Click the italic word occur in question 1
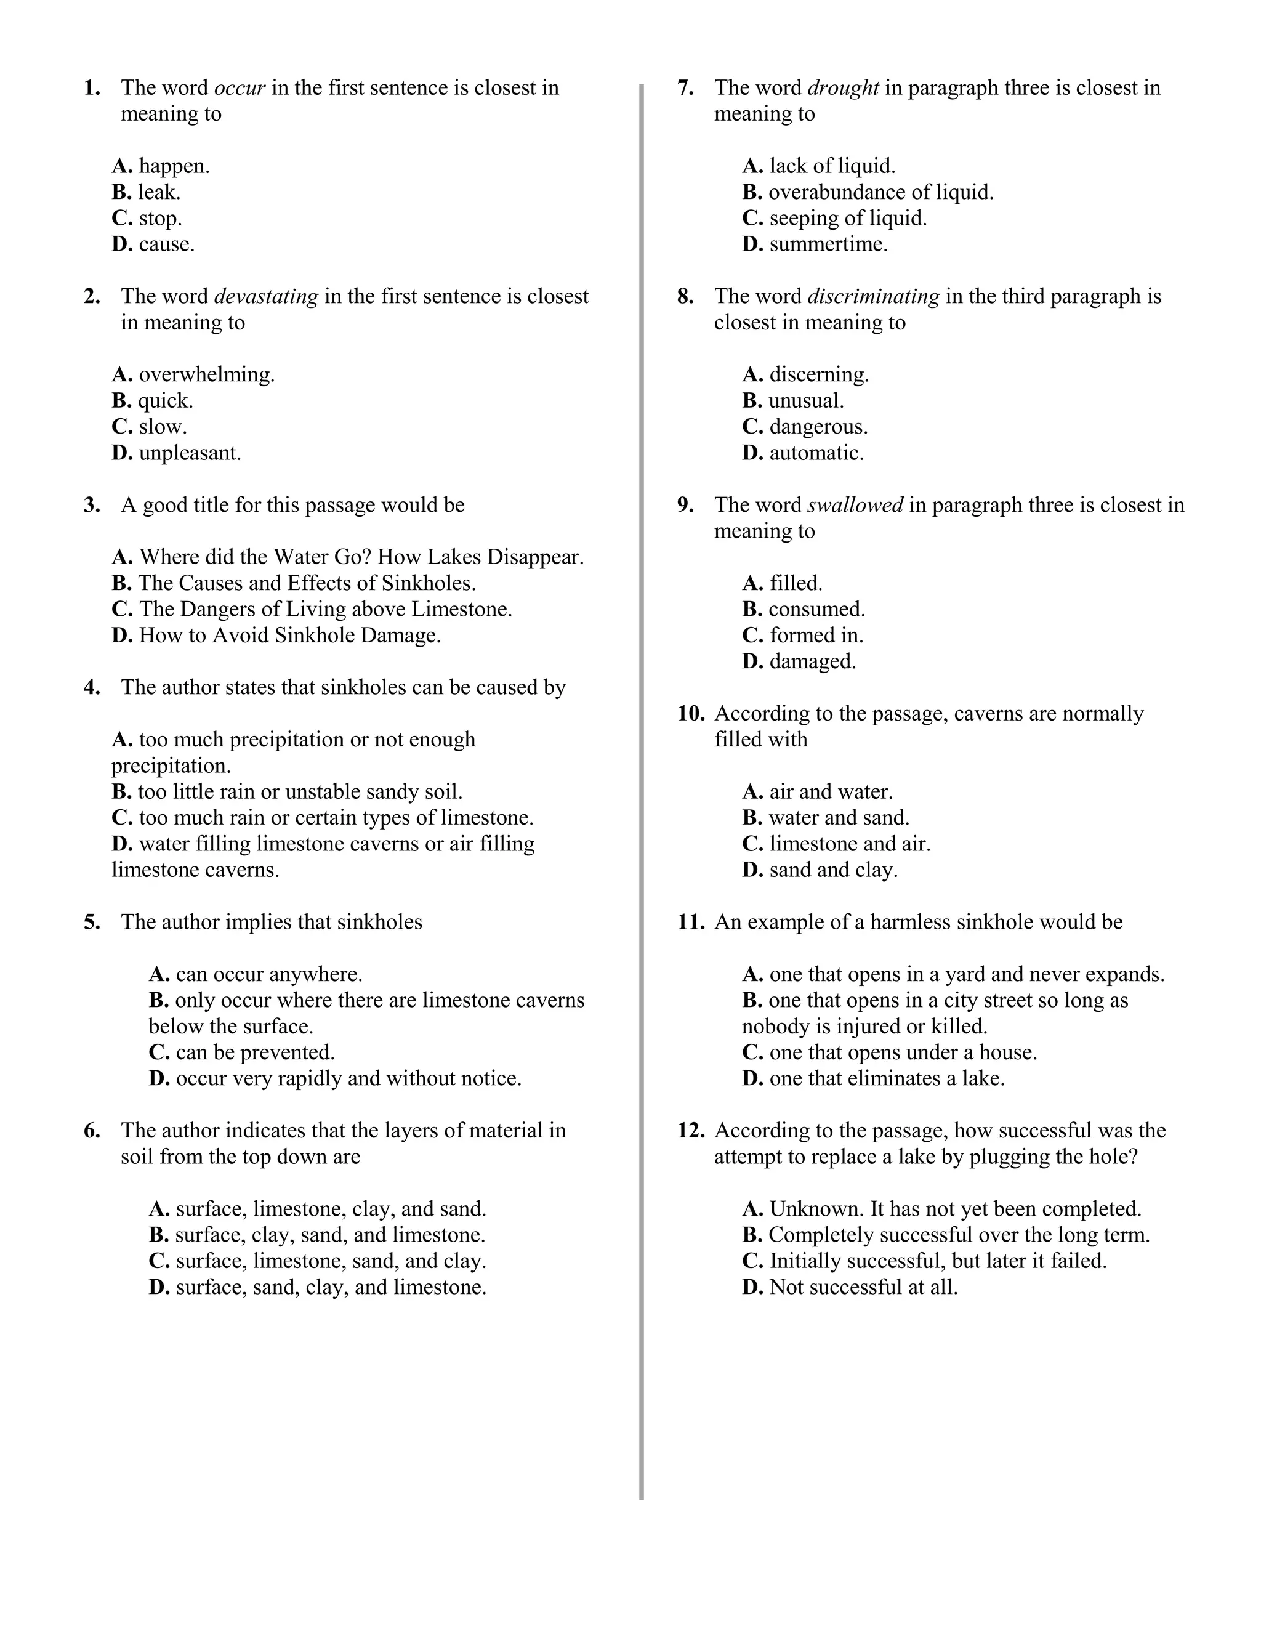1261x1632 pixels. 240,88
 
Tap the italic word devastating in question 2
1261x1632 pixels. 266,297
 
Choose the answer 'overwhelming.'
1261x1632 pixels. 206,374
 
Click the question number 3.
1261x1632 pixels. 92,505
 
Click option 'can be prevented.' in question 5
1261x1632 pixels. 255,1052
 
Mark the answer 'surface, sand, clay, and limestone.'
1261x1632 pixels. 330,1287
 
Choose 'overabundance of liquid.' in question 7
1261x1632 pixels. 880,192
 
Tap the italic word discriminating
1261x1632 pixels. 873,297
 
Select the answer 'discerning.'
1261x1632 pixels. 819,374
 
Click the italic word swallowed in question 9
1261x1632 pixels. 855,505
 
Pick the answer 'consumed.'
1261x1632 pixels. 816,609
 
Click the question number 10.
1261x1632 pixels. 690,714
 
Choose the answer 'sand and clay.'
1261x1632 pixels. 833,870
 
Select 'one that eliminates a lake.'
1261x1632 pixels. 886,1078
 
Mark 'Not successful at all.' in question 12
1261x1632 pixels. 863,1287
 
